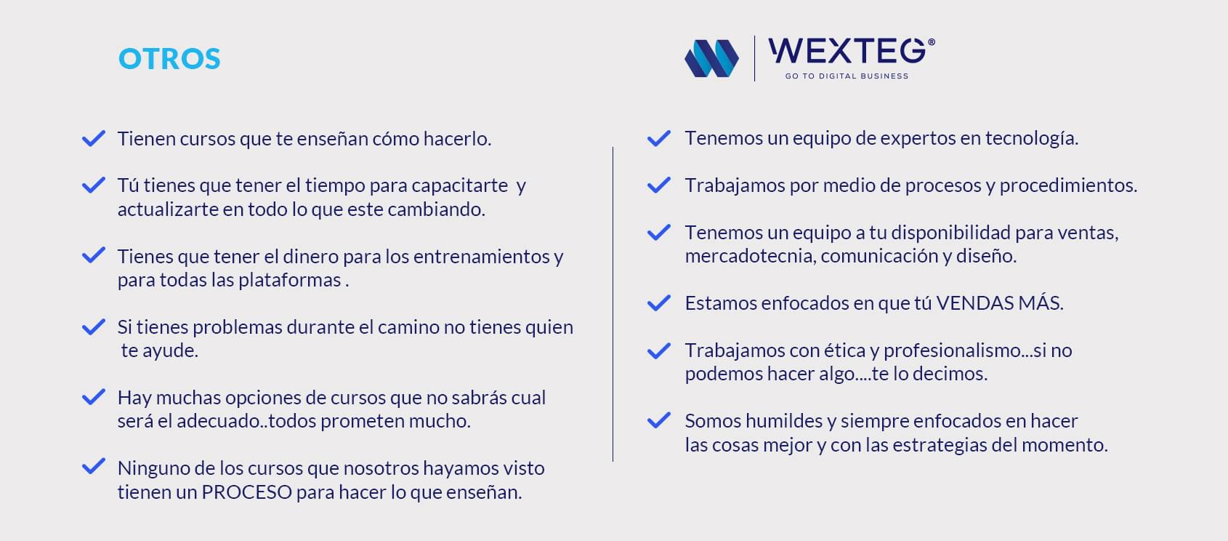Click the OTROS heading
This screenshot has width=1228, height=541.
(x=169, y=59)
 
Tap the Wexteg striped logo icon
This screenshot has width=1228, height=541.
(x=711, y=58)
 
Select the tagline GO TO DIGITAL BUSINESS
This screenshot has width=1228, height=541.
(x=847, y=76)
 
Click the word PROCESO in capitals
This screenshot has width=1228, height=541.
(x=247, y=492)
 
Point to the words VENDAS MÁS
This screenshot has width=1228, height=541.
(x=999, y=303)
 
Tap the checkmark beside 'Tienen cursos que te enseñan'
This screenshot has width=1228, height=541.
(x=94, y=138)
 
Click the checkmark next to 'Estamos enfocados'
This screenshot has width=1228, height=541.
(x=659, y=303)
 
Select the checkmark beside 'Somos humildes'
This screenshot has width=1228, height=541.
(x=659, y=420)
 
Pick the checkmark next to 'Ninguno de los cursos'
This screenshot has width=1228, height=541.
(x=94, y=466)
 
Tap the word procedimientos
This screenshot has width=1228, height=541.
(x=1068, y=185)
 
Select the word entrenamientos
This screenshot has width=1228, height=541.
(x=481, y=256)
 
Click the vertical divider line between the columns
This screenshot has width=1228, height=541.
(x=613, y=304)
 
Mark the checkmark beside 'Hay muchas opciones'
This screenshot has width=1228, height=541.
(x=94, y=396)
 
